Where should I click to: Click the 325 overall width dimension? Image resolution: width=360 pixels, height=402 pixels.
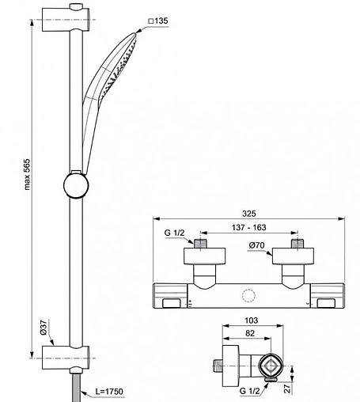(x=249, y=214)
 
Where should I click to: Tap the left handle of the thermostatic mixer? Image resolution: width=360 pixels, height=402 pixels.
(x=171, y=298)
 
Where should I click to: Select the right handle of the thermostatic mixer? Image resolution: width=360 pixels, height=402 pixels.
(x=328, y=298)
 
